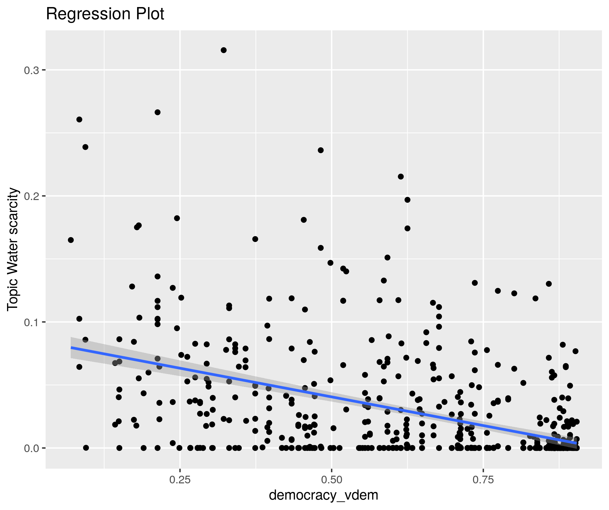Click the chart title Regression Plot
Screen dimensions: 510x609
(x=105, y=14)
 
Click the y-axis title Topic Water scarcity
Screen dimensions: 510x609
(x=13, y=249)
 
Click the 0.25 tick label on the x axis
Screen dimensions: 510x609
(x=180, y=480)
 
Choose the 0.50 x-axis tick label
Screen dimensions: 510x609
(x=332, y=480)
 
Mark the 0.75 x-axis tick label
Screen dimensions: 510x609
(x=483, y=480)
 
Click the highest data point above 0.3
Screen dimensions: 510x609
(x=224, y=50)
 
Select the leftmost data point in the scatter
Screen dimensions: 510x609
(x=71, y=240)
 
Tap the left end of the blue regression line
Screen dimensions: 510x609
(x=71, y=348)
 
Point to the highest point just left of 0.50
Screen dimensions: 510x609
(x=321, y=150)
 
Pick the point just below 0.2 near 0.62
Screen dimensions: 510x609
(x=407, y=200)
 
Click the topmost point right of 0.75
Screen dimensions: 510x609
(x=549, y=284)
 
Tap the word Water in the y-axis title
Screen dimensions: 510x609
(x=13, y=259)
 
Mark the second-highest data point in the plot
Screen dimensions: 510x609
(x=158, y=112)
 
